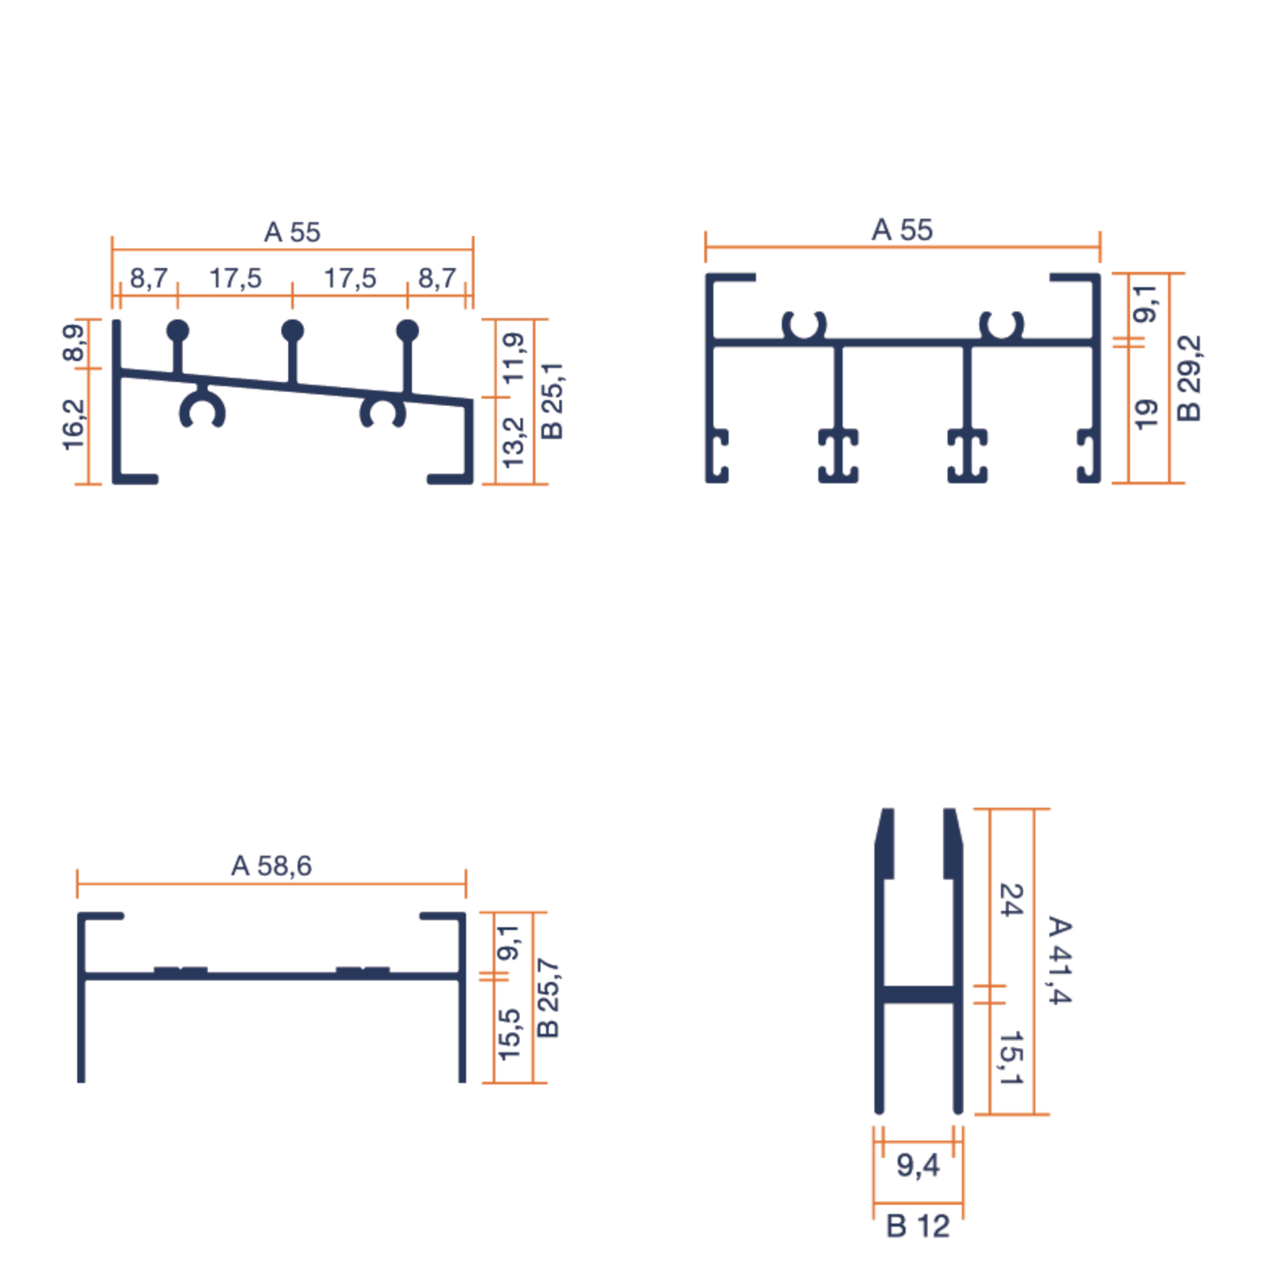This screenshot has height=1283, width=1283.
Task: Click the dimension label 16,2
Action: coord(74,425)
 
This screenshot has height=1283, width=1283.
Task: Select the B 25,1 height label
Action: coord(552,401)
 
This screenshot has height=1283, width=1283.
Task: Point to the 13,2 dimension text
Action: coord(514,442)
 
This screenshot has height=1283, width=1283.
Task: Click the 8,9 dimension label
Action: coord(74,343)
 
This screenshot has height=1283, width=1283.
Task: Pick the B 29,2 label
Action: coord(1189,378)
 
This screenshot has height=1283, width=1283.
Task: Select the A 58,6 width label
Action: coord(271,866)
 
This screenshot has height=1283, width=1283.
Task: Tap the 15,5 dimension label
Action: coord(509,1034)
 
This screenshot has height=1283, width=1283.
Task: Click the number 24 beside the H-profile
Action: coord(1011,900)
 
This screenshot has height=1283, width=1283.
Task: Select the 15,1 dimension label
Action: coord(1011,1058)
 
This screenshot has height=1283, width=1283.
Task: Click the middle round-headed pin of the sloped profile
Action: coord(293,331)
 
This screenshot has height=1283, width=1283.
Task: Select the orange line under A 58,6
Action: coord(271,884)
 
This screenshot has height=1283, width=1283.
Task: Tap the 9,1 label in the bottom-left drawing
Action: coord(509,942)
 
